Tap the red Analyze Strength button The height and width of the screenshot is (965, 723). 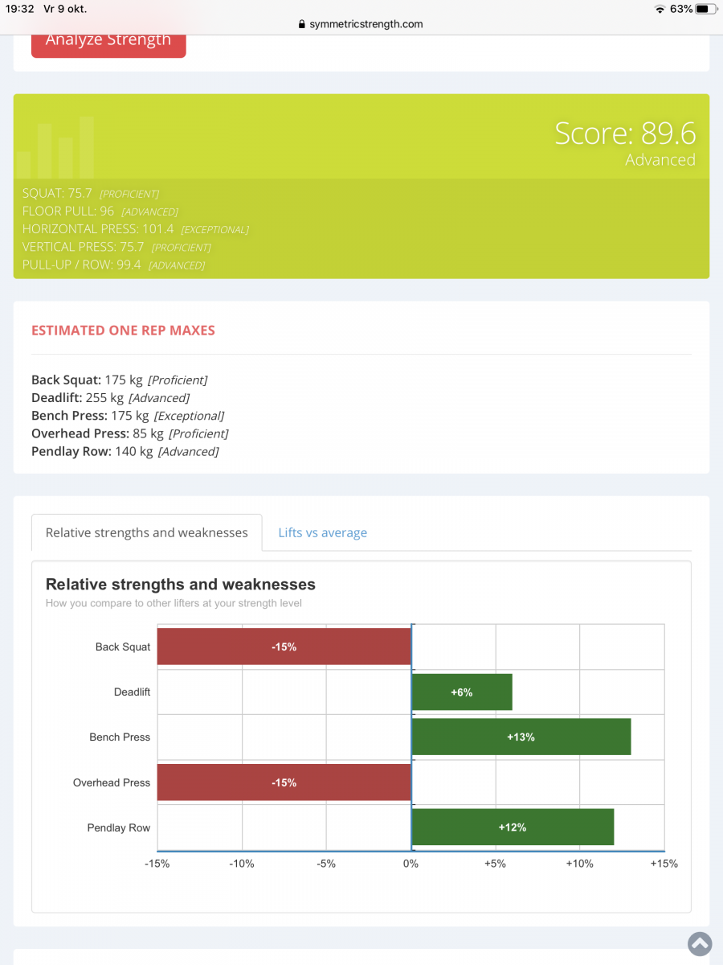[108, 41]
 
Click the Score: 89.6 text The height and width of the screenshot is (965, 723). [625, 133]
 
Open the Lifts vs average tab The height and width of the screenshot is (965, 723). [322, 532]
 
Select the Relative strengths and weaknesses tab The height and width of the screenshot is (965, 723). [147, 532]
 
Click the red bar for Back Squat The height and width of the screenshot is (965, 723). [284, 647]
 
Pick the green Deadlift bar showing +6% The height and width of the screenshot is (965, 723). [462, 692]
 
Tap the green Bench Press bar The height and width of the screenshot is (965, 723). [521, 737]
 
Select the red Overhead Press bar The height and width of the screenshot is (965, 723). [284, 782]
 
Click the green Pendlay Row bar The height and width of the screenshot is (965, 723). [513, 827]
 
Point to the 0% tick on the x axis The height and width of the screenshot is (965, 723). [411, 864]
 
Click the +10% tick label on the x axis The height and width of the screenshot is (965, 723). [579, 864]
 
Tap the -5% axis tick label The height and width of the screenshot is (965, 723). [326, 864]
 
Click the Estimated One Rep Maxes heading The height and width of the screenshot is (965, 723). [123, 331]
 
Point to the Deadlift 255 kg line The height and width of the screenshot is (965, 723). [110, 398]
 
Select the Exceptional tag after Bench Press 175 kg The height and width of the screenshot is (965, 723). [189, 416]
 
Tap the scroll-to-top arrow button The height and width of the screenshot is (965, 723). [699, 943]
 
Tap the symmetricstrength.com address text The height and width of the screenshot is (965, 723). [366, 24]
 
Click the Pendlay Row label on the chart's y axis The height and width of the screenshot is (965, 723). [118, 827]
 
